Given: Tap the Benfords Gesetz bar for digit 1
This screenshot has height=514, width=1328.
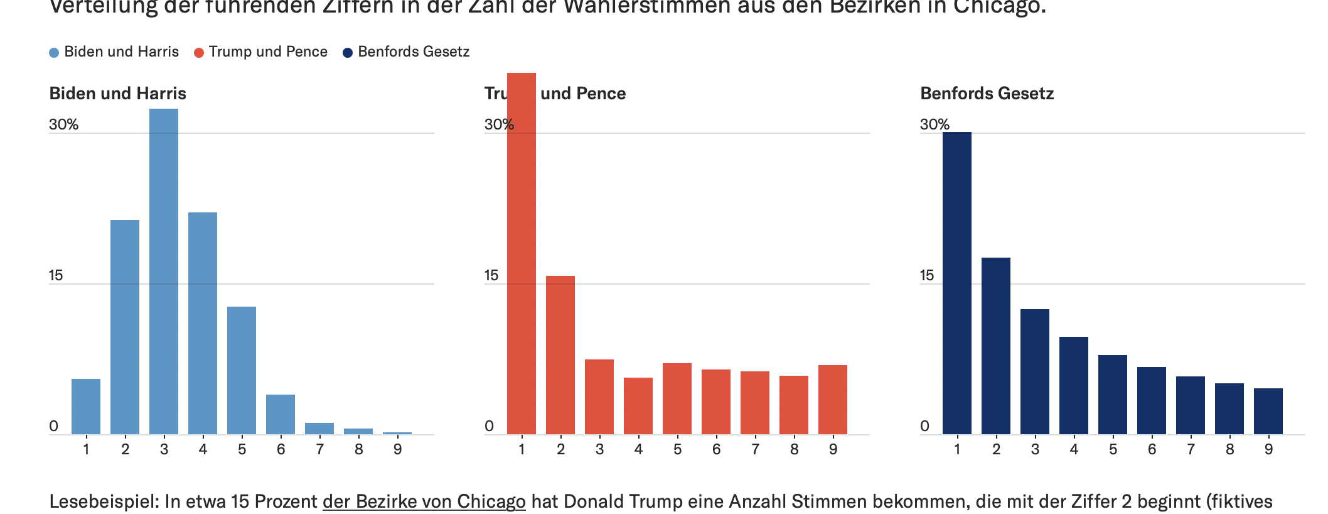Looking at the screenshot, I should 957,283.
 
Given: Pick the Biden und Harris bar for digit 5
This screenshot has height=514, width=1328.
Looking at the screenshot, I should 242,371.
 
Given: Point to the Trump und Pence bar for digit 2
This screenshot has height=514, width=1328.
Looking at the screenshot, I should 560,355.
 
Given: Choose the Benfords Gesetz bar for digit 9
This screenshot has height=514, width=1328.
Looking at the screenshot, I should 1268,412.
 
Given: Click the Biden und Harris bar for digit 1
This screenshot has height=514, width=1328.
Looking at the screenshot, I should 86,407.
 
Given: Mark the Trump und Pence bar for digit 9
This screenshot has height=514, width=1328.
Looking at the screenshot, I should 833,400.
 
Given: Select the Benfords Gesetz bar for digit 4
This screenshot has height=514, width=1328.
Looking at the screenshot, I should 1074,386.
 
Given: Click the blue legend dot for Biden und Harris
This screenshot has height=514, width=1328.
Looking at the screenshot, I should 55,53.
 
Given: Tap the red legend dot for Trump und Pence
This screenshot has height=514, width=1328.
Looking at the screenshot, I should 199,53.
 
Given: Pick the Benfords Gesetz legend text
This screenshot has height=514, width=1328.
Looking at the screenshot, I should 414,52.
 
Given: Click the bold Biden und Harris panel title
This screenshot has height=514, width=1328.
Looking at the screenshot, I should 118,94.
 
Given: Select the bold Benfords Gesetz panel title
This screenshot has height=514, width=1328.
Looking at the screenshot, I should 987,94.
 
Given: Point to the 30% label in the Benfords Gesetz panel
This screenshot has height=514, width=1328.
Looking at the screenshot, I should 934,124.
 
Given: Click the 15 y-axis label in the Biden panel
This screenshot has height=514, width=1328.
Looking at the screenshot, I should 56,275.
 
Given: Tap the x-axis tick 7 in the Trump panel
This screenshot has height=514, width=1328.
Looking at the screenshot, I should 755,449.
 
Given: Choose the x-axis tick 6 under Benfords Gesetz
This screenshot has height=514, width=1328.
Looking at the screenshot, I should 1152,449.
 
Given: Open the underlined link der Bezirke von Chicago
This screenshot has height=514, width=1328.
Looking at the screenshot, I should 424,501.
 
